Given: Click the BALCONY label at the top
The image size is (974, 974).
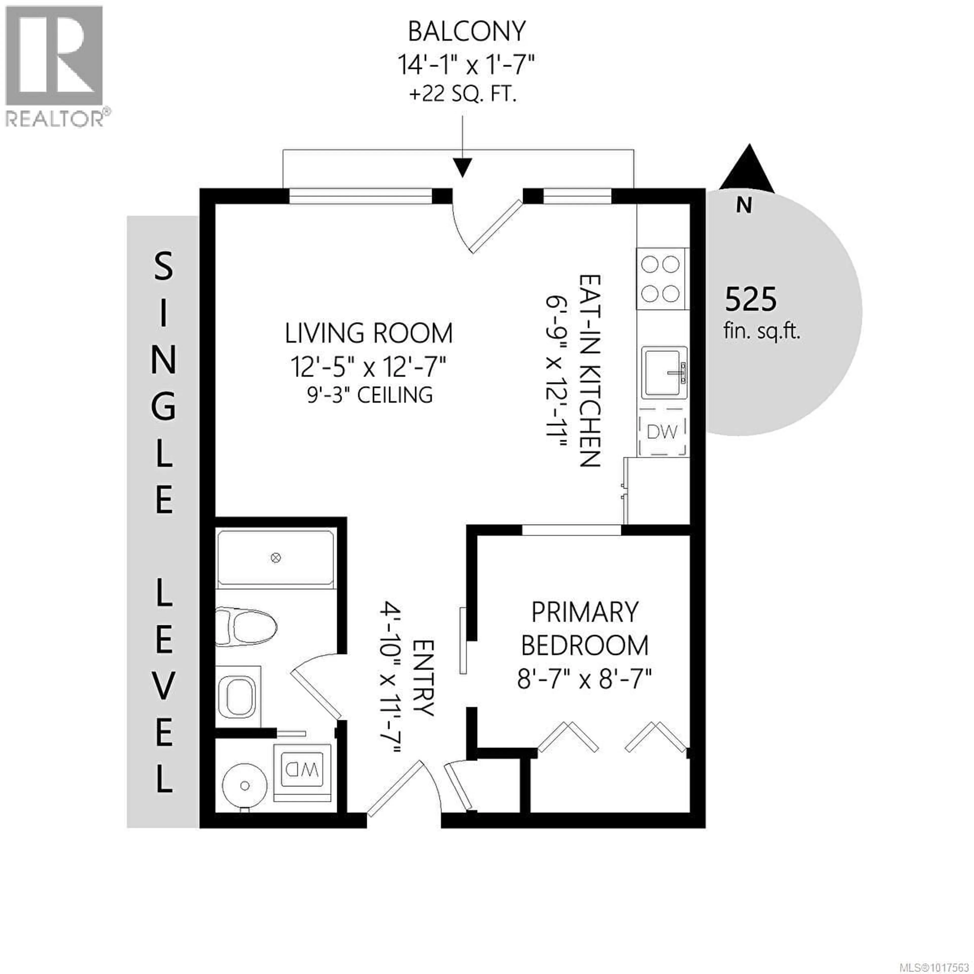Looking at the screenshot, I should pos(466,32).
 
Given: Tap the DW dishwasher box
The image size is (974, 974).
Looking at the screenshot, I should pos(662,431).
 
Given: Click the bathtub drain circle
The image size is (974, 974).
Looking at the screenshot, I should pos(275,558).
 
